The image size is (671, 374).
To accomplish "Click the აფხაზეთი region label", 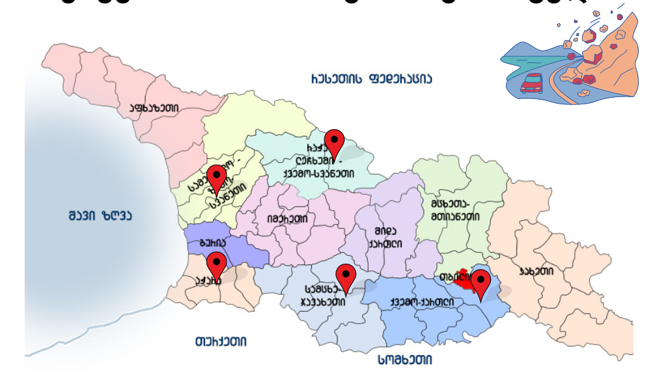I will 152,108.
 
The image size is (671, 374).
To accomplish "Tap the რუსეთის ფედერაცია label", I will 371,79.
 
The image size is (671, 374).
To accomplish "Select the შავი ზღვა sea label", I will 100,216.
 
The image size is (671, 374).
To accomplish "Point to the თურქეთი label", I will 221,342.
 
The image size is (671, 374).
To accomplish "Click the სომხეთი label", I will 405,360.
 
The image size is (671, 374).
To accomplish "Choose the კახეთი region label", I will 536,271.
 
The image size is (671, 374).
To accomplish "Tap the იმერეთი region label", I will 287,219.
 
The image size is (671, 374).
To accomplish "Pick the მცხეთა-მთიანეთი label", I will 455,209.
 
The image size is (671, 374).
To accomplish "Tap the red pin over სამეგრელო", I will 216,178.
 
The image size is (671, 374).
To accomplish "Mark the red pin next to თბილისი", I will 481,283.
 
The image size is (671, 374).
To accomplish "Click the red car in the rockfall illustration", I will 531,83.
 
